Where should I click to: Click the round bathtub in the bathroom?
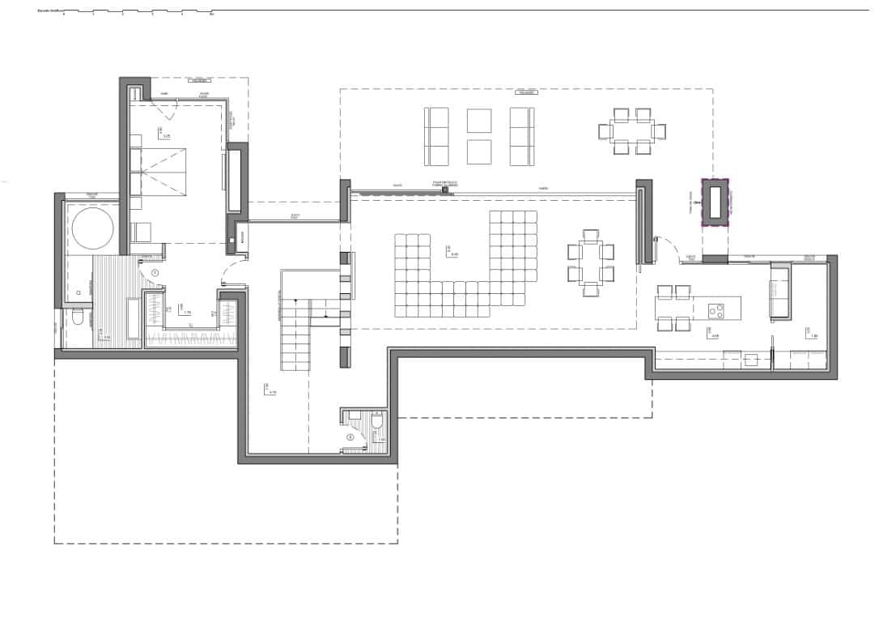coord(92,229)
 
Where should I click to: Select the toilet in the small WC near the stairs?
coord(377,424)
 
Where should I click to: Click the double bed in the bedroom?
coord(171,172)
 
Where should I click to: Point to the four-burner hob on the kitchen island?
coord(717,309)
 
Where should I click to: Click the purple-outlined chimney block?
coord(715,202)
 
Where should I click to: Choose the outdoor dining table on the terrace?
coord(632,130)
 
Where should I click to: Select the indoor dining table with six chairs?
coord(590,260)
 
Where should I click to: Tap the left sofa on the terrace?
coord(436,136)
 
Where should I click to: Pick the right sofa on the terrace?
coord(522,136)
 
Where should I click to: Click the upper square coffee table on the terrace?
coord(479,120)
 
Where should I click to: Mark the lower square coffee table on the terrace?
coord(479,151)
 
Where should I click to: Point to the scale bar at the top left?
coord(138,13)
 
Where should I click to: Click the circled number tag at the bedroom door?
coord(155,274)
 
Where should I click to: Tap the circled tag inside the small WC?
coord(350,437)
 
